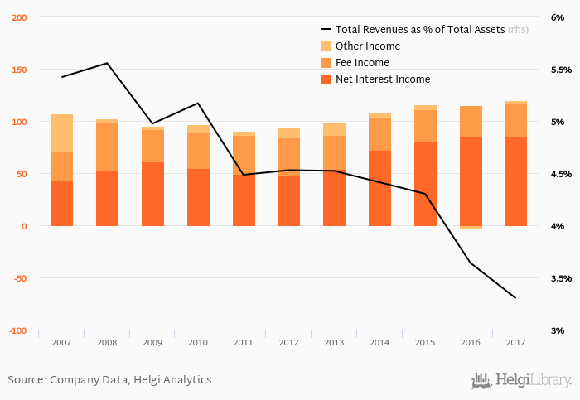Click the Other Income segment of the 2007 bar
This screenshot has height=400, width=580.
point(61,133)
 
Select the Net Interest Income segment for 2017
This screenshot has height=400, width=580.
point(515,181)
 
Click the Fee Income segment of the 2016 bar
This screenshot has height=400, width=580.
point(470,122)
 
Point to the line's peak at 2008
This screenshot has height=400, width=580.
point(107,63)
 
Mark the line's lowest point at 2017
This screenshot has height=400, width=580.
point(515,298)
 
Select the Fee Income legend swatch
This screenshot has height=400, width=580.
point(325,63)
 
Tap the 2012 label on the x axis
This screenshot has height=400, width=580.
point(288,342)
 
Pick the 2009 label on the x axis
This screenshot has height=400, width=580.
point(152,342)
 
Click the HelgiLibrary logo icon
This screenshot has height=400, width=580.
point(481,381)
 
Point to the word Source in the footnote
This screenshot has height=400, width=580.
point(26,380)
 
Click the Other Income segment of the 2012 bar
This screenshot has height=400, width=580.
point(288,133)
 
